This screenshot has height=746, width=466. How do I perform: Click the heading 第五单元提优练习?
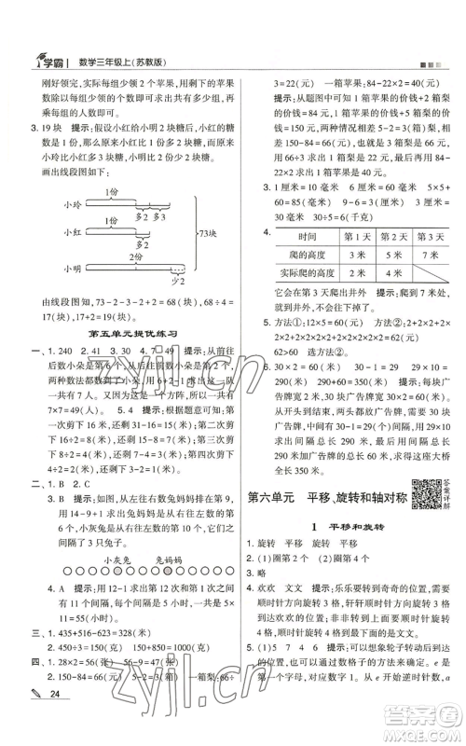coord(127,332)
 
